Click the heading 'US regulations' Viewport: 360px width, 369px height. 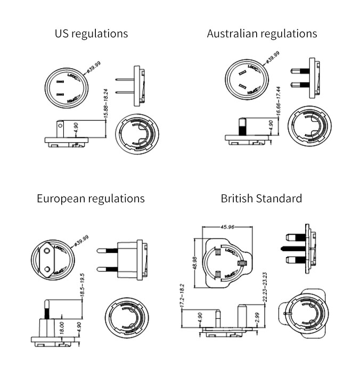[91, 34]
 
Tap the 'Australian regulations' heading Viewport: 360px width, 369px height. [261, 34]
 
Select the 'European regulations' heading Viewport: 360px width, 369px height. [91, 199]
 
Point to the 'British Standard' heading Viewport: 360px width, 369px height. [261, 199]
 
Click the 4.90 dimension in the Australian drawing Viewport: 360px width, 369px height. [271, 126]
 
